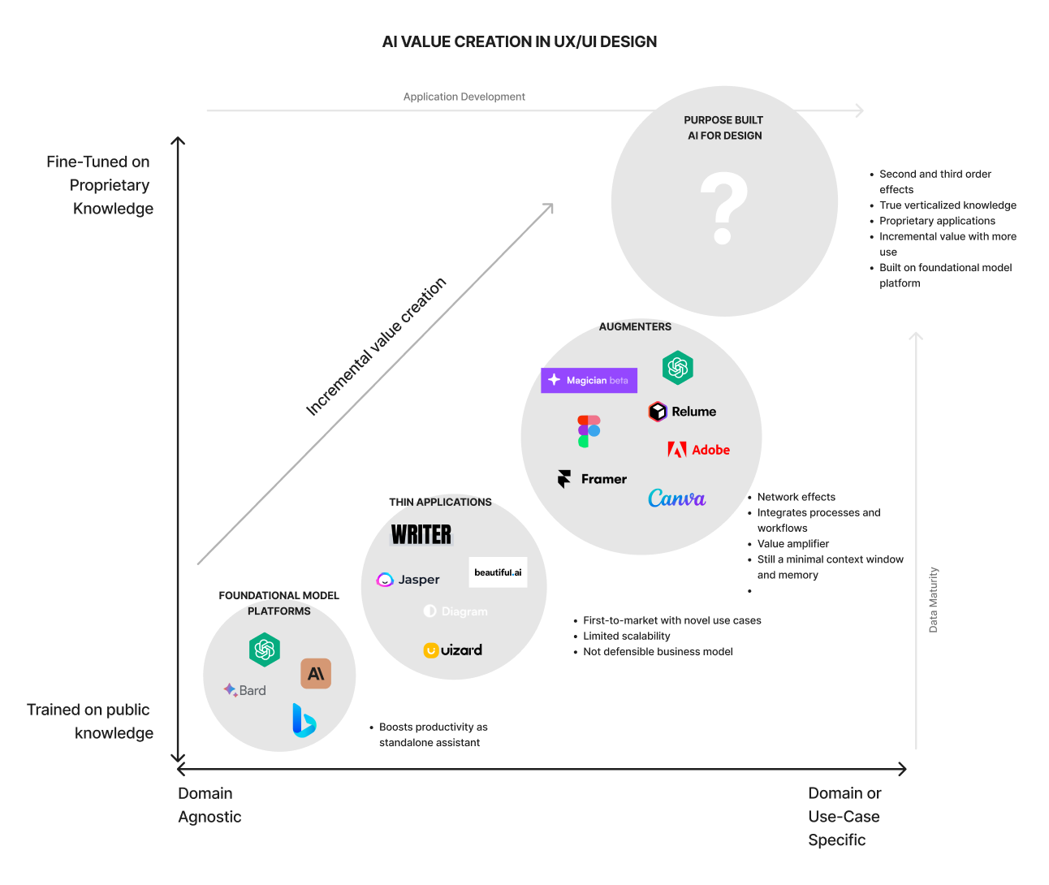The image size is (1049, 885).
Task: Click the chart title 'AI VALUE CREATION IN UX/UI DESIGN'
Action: pyautogui.click(x=520, y=42)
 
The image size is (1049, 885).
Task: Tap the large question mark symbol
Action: pyautogui.click(x=723, y=209)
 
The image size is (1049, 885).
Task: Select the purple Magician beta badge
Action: pyautogui.click(x=589, y=380)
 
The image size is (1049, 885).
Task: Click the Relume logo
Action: pyautogui.click(x=683, y=412)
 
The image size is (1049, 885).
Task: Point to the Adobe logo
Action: pyautogui.click(x=698, y=450)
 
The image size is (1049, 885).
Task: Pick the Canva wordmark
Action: pyautogui.click(x=676, y=499)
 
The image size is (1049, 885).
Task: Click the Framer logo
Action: pyautogui.click(x=593, y=479)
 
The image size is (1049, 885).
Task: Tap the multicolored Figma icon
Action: pyautogui.click(x=589, y=431)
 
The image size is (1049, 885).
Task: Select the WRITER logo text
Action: pyautogui.click(x=421, y=534)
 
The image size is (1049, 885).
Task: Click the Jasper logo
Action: pyautogui.click(x=408, y=580)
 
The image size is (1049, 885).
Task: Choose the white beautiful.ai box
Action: pyautogui.click(x=498, y=572)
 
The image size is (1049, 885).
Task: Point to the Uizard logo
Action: pyautogui.click(x=453, y=650)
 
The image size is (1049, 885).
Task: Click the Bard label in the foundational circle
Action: pyautogui.click(x=245, y=690)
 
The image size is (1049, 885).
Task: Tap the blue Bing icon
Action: pyautogui.click(x=304, y=721)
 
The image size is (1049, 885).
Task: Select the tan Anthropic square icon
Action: pyautogui.click(x=316, y=673)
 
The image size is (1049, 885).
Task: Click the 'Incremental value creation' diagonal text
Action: pyautogui.click(x=376, y=347)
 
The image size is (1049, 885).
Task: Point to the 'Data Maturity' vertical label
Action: pyautogui.click(x=933, y=600)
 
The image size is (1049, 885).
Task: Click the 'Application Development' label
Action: pyautogui.click(x=464, y=97)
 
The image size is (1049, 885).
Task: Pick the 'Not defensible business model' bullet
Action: pyautogui.click(x=658, y=652)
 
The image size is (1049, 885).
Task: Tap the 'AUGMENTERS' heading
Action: pyautogui.click(x=635, y=326)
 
